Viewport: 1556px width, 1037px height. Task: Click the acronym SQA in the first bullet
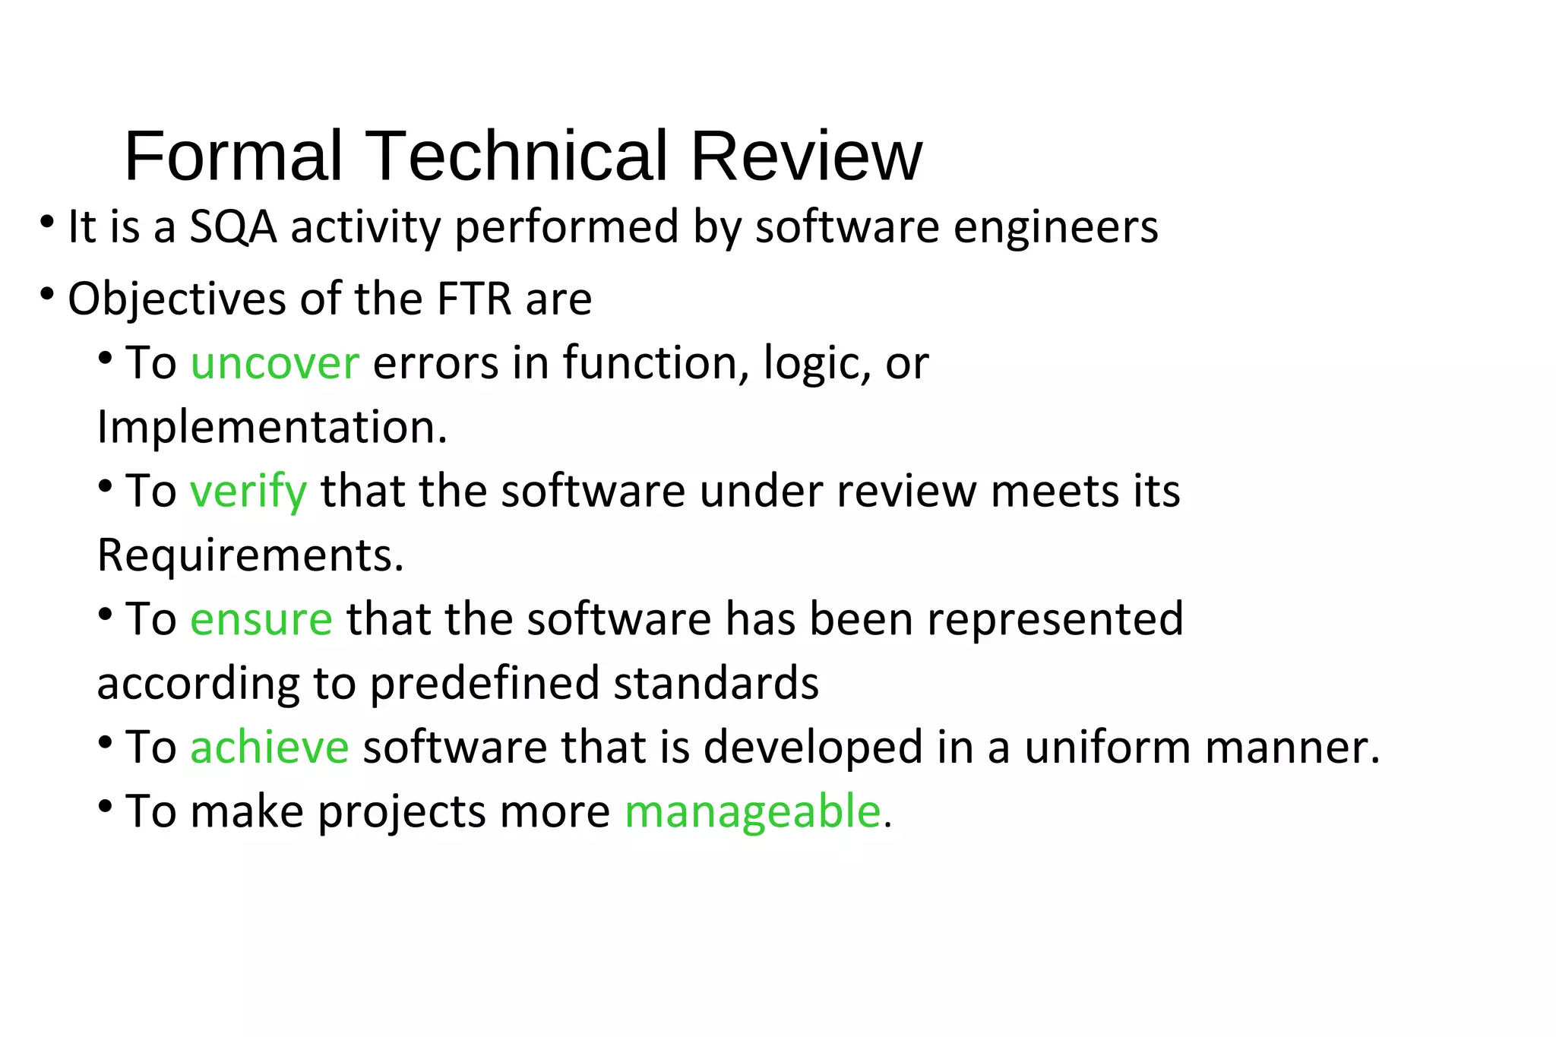click(232, 227)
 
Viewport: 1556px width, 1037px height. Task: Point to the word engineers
click(1055, 227)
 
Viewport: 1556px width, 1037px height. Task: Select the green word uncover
click(274, 363)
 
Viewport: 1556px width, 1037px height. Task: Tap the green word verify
click(248, 492)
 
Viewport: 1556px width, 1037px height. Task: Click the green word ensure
click(261, 619)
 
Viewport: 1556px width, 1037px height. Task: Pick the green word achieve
click(269, 747)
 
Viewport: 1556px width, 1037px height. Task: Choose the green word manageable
click(752, 811)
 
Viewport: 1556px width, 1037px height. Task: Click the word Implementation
click(272, 427)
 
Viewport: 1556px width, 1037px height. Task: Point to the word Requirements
click(250, 555)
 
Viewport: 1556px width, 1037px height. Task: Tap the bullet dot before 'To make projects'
click(106, 806)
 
